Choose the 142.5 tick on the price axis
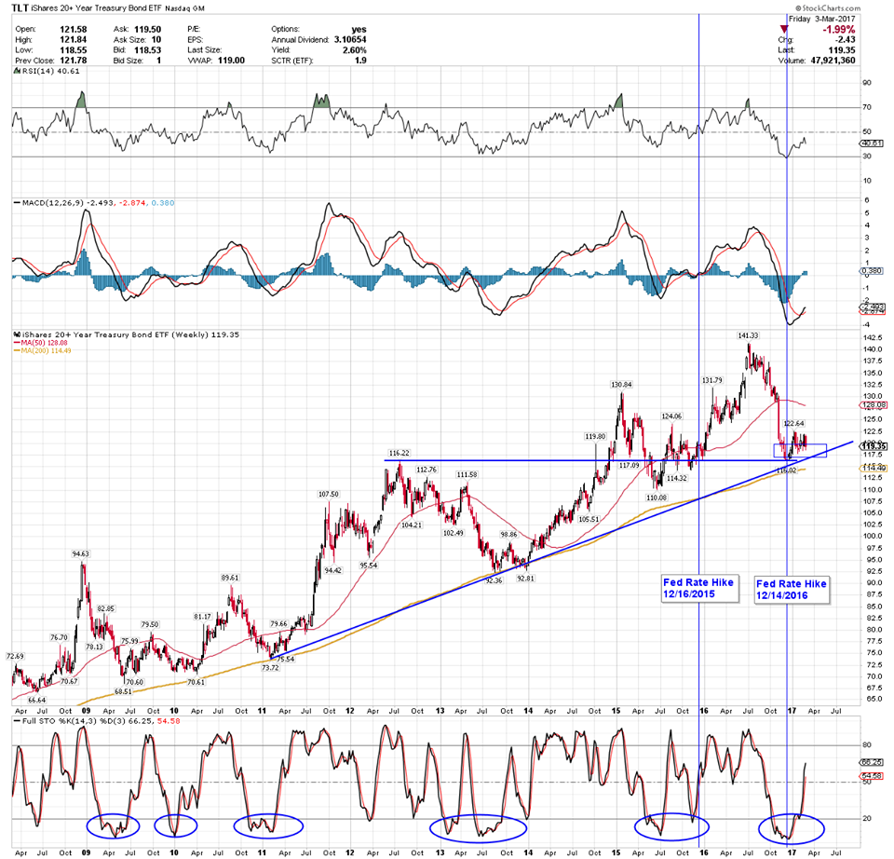coord(873,337)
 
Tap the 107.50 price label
coord(328,494)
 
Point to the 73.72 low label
coord(271,668)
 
